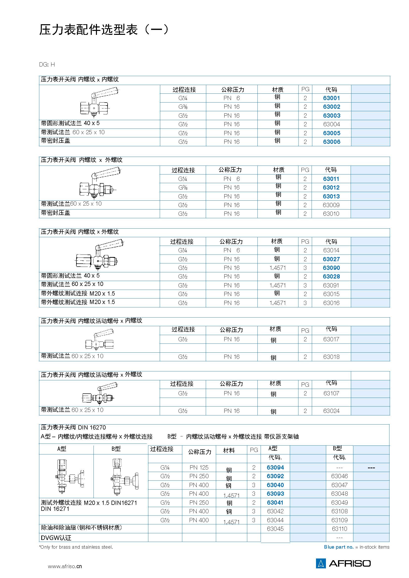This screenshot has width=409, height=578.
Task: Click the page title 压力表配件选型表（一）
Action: (104, 30)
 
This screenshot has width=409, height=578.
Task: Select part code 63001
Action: (331, 98)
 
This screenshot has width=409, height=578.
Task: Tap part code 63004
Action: (331, 124)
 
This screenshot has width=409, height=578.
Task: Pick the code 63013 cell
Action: (331, 196)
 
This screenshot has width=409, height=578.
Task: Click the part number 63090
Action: (331, 268)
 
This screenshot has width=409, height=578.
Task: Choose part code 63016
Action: (331, 303)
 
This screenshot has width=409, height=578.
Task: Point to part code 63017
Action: (331, 339)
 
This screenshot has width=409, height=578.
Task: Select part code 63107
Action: (331, 393)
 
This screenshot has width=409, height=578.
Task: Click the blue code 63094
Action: (275, 468)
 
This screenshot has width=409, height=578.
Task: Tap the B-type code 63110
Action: (339, 529)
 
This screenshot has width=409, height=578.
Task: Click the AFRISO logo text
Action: (350, 563)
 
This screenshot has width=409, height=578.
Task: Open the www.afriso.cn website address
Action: (65, 566)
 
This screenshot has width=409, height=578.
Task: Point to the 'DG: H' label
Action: (47, 64)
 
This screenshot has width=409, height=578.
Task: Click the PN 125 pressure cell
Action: (199, 468)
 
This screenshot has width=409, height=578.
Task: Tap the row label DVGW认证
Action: (56, 538)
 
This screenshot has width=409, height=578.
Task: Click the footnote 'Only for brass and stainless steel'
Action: (76, 547)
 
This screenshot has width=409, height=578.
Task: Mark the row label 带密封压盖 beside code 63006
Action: (56, 141)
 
